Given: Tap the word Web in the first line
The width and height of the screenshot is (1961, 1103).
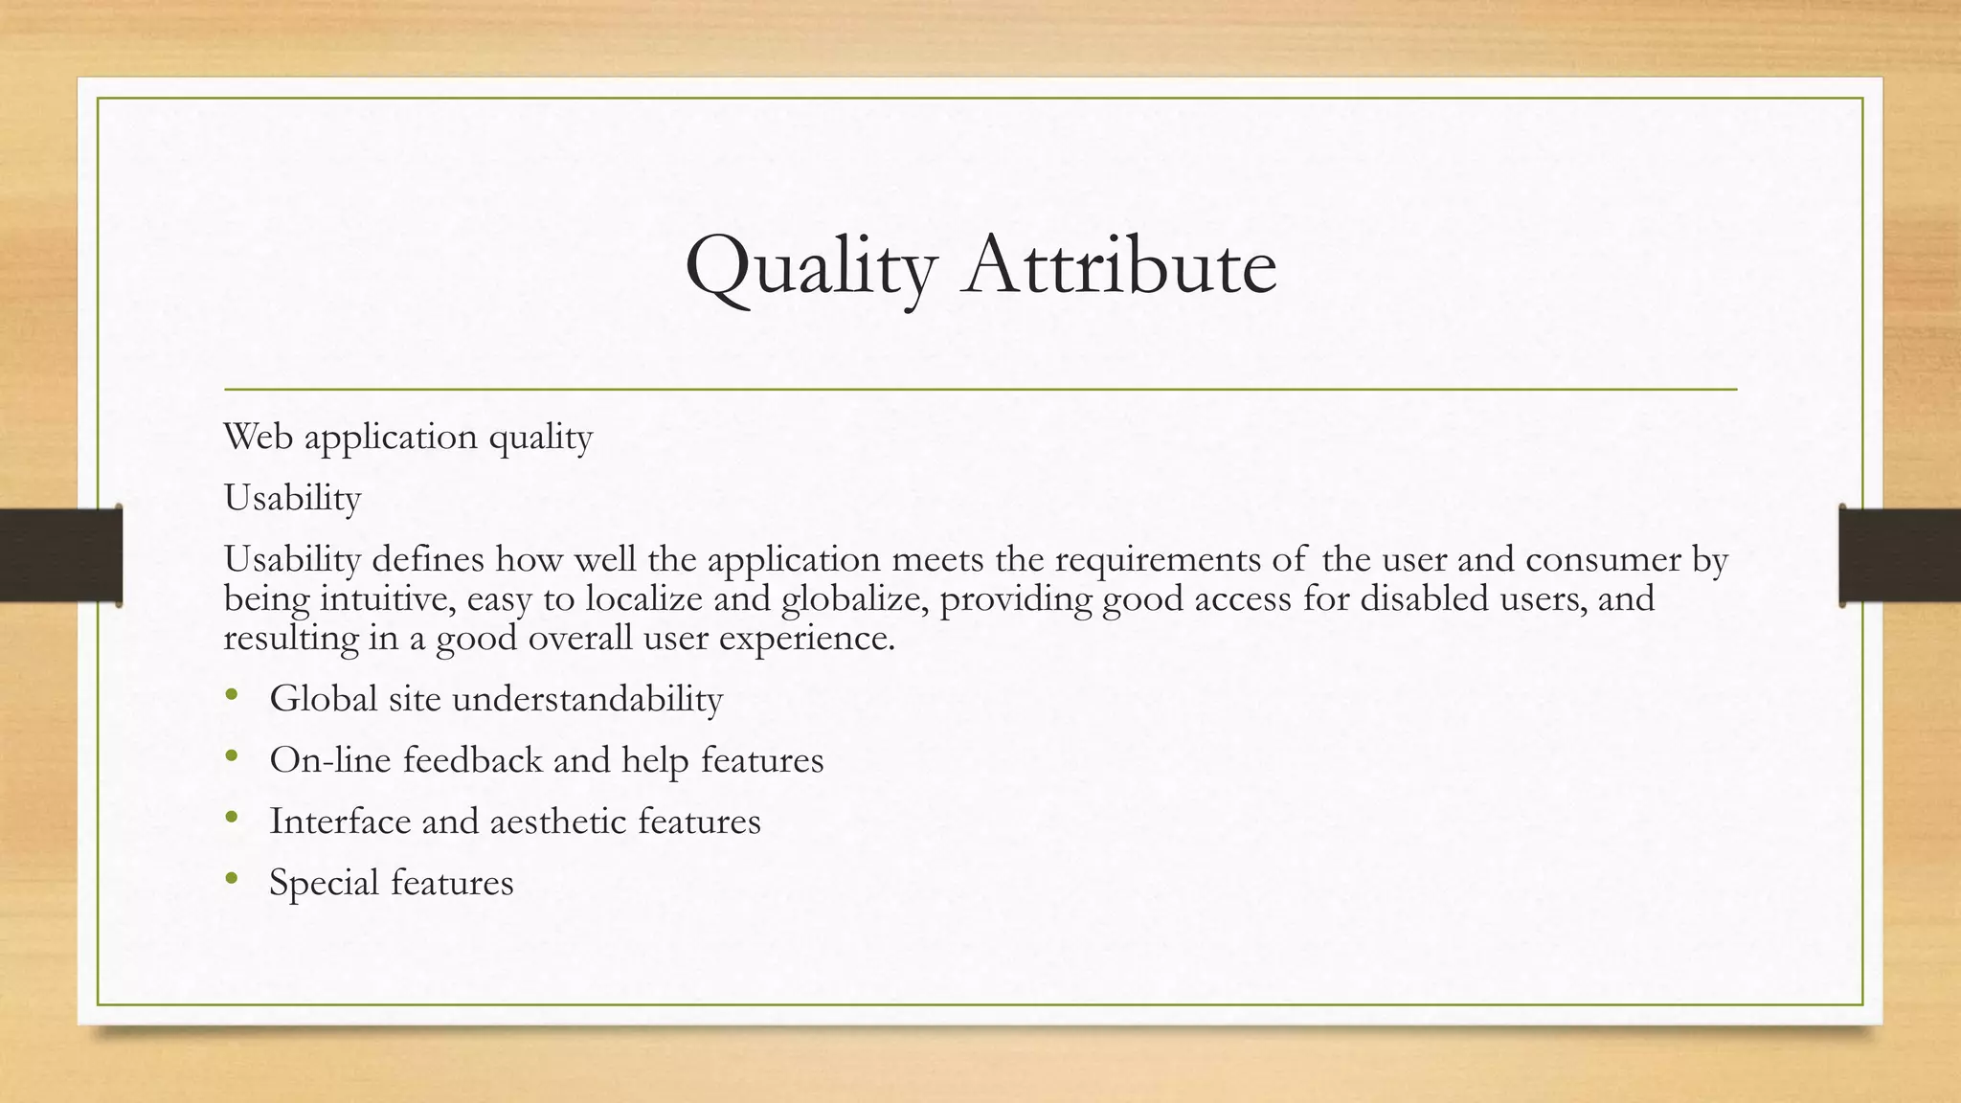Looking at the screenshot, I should (x=258, y=437).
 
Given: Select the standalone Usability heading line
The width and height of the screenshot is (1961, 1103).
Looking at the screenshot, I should (x=292, y=498).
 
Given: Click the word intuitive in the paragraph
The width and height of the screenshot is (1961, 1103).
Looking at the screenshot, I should (x=388, y=598).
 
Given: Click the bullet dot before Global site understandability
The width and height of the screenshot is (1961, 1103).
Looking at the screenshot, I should (x=231, y=695).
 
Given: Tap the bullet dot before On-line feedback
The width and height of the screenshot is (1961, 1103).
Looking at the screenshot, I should (x=231, y=756).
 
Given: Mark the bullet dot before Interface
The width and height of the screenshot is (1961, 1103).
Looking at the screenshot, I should (x=231, y=818).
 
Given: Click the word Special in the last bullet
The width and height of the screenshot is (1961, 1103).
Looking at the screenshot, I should (x=325, y=883).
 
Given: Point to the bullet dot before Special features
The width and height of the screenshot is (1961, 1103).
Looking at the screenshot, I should (x=231, y=879).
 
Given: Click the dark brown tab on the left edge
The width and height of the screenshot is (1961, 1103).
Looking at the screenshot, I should (x=60, y=555).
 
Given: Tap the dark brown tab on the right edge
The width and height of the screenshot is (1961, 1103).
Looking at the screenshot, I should (x=1900, y=555).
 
